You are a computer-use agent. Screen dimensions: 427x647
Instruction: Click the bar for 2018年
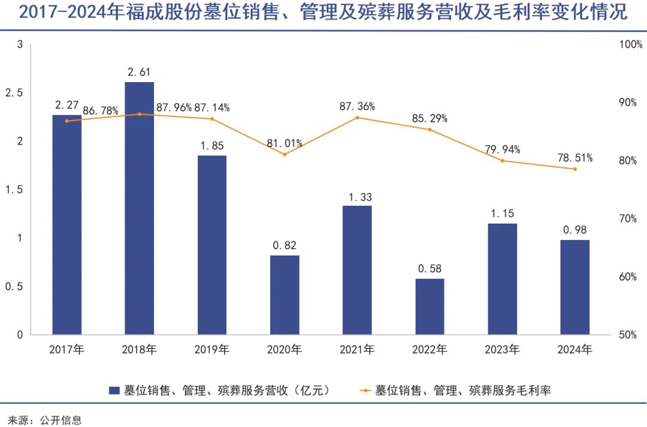tap(140, 208)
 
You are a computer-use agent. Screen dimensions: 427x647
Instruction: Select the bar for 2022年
tap(430, 306)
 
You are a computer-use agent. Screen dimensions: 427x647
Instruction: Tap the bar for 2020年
tap(285, 294)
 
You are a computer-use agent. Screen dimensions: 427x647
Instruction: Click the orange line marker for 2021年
tap(358, 118)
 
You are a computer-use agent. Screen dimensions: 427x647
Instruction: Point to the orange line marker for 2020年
tap(285, 154)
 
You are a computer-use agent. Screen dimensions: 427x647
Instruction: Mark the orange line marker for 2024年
tap(575, 169)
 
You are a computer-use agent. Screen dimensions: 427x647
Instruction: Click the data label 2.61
tap(140, 72)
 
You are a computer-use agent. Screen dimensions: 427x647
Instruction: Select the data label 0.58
tap(430, 269)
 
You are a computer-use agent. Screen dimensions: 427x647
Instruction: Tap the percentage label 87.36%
tap(358, 106)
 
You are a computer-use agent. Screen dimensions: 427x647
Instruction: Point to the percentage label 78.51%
tap(575, 158)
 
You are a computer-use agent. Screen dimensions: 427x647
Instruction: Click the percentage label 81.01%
tap(285, 143)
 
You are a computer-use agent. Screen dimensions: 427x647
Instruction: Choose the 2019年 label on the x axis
tap(212, 350)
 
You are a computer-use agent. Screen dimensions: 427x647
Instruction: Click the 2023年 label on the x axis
tap(502, 350)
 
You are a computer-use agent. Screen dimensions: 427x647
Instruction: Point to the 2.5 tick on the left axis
tap(14, 93)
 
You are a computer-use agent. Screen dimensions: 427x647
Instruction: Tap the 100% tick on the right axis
tap(630, 44)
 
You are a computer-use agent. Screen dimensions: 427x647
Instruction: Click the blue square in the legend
tap(114, 390)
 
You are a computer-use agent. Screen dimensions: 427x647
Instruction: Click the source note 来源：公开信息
tap(44, 419)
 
